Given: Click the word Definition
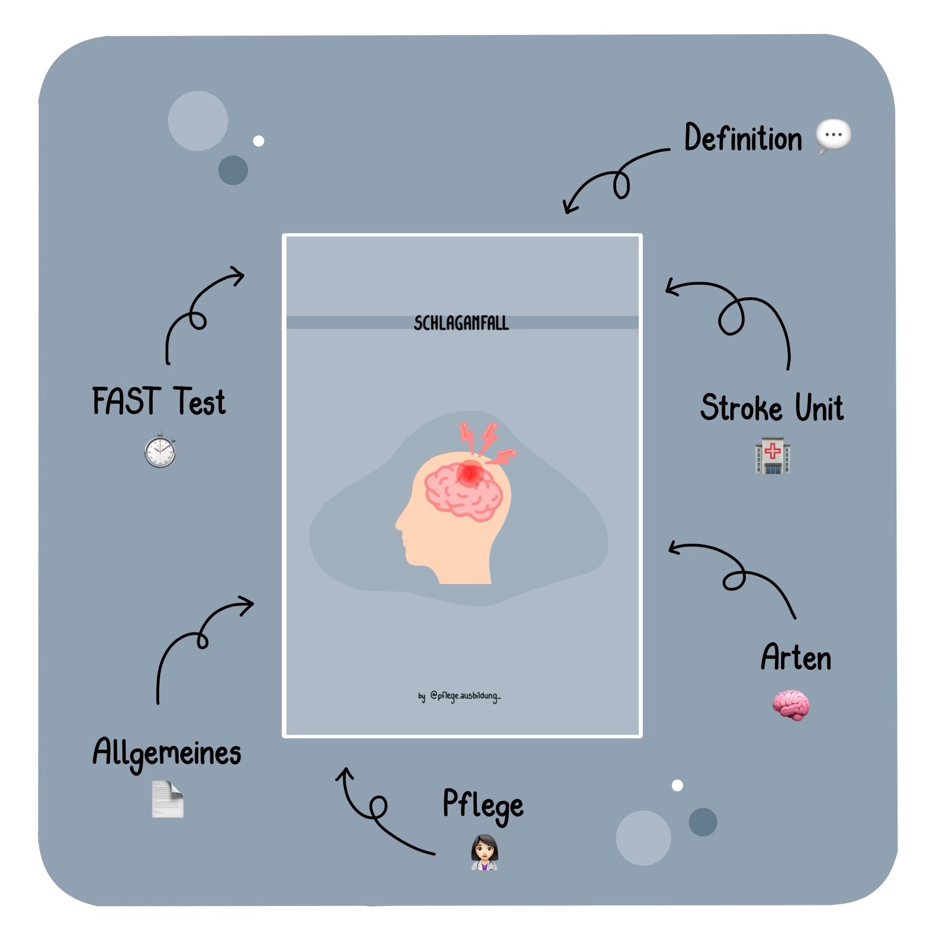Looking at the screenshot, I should click(743, 138).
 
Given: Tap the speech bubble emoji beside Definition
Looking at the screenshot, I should click(833, 136).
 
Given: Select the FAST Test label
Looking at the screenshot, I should click(159, 402).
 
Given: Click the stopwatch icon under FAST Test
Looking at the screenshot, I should click(160, 450).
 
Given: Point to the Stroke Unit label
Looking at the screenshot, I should click(772, 408).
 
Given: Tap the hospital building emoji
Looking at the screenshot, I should click(772, 456).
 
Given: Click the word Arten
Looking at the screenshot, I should click(796, 657).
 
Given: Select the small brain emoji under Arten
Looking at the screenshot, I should click(790, 705).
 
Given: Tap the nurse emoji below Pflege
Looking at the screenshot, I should click(484, 853).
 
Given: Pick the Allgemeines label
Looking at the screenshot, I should click(167, 753).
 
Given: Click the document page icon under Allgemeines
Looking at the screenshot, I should click(167, 799).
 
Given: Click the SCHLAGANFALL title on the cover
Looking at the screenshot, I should click(461, 323).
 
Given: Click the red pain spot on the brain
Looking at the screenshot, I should click(469, 473).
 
